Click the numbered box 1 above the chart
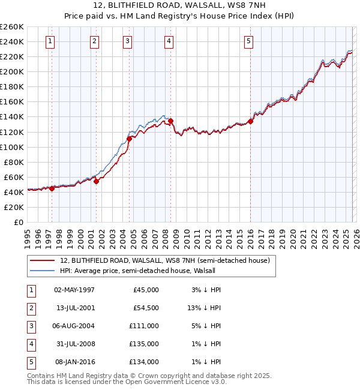click(49, 41)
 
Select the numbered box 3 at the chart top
click(128, 41)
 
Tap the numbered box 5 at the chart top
click(248, 41)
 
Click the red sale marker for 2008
click(171, 121)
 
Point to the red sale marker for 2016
click(250, 122)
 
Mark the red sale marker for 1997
click(52, 188)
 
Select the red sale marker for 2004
click(129, 139)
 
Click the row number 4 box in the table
click(31, 344)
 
